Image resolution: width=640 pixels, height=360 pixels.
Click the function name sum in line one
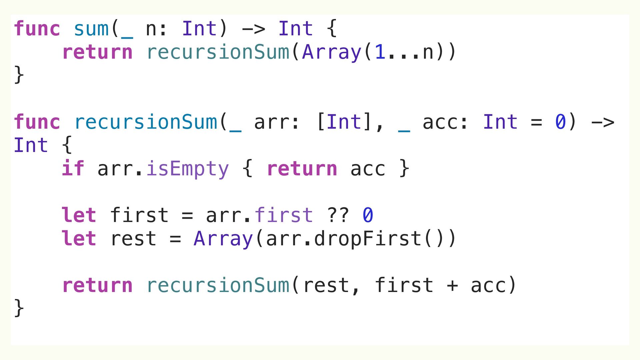point(91,29)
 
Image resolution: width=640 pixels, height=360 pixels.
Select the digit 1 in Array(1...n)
point(380,52)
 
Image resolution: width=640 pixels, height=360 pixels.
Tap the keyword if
point(73,168)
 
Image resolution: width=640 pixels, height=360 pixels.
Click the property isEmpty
point(187,168)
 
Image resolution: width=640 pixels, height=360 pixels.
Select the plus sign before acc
point(452,286)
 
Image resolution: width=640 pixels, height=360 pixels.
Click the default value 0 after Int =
point(560,122)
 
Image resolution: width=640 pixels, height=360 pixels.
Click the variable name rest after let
point(133,239)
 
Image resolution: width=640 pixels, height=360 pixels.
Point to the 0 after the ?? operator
point(368,215)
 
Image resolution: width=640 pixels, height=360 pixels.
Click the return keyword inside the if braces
point(302,168)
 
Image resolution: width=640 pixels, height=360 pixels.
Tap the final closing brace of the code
point(19,308)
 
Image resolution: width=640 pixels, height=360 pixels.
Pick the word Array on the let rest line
point(223,239)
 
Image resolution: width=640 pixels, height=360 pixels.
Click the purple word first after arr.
point(284,215)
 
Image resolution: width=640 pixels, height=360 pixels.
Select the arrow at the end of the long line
point(602,122)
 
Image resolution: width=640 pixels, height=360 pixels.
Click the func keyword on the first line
point(37,29)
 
